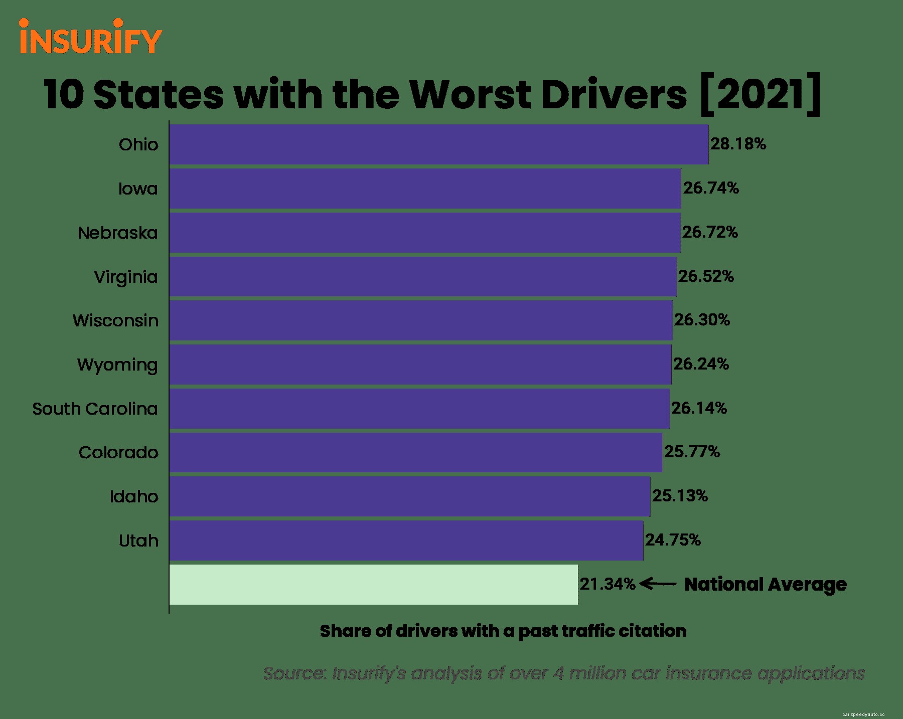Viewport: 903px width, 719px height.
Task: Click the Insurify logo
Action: [90, 37]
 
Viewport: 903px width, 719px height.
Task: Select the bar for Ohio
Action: [438, 144]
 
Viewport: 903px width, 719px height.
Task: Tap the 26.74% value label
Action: [711, 189]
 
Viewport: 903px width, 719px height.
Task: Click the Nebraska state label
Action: [118, 233]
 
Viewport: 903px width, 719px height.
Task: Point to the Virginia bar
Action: [423, 277]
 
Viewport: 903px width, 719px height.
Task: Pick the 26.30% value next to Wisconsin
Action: [702, 320]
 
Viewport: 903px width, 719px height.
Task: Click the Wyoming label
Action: [117, 365]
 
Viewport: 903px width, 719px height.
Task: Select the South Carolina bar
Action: [419, 409]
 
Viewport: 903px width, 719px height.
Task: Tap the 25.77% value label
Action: [692, 452]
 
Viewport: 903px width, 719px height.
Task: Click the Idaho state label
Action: [134, 497]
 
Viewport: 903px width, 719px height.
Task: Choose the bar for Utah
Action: [406, 541]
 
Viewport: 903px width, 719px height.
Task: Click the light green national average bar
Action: [373, 585]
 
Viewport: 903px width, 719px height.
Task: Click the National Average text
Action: [765, 585]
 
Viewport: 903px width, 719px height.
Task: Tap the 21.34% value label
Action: [608, 585]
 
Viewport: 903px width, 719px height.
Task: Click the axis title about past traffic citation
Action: [503, 631]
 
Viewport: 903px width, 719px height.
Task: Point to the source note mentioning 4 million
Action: [564, 673]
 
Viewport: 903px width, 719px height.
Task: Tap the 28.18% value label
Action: [738, 144]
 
